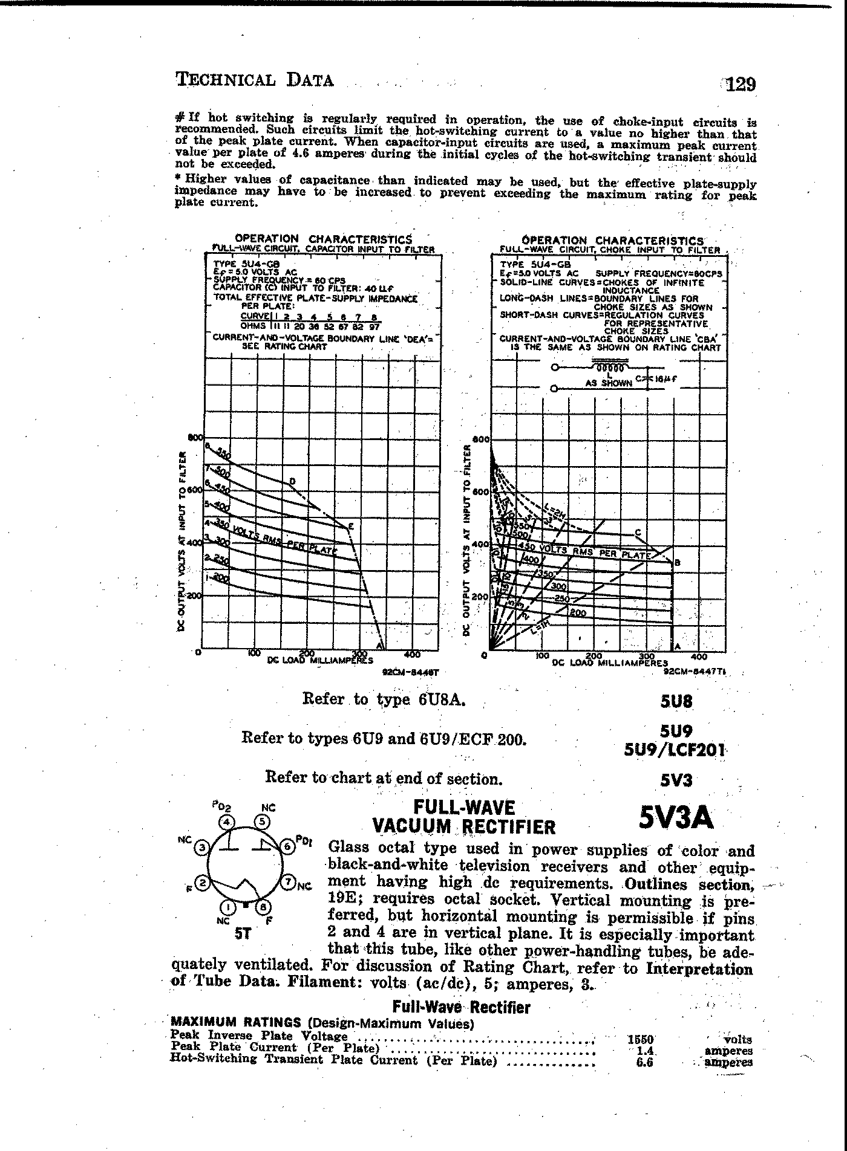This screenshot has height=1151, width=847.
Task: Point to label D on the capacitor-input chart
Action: point(293,481)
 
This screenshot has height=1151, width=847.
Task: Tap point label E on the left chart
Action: point(351,527)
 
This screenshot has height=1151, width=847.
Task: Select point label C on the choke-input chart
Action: point(638,533)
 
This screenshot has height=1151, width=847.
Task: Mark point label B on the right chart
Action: point(677,563)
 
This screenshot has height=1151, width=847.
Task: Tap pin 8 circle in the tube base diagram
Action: point(263,907)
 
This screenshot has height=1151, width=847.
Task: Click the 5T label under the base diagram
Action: point(242,933)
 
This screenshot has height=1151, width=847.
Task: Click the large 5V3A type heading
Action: point(676,818)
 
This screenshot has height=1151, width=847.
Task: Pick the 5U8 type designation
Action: point(676,702)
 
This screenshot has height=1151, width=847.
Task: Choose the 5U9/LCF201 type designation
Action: point(675,750)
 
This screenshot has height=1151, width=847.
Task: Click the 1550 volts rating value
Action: point(641,1039)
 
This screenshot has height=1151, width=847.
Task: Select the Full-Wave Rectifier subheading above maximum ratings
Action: point(461,1007)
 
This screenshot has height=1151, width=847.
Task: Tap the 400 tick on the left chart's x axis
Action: point(412,655)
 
